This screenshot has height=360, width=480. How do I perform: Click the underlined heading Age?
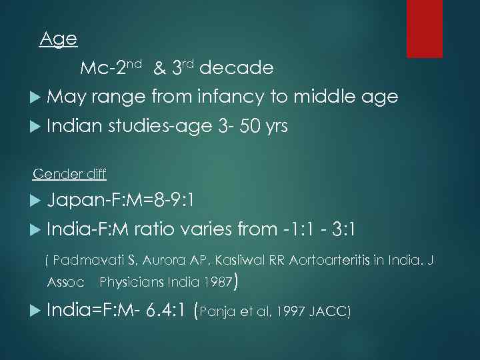coord(59,39)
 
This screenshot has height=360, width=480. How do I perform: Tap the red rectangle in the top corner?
coord(425,28)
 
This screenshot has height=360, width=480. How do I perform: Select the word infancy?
coord(225,97)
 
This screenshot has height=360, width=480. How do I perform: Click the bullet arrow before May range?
coord(36,98)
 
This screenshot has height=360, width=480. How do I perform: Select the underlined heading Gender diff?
coord(69,174)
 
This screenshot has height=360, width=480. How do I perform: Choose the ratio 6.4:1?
coord(160,311)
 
